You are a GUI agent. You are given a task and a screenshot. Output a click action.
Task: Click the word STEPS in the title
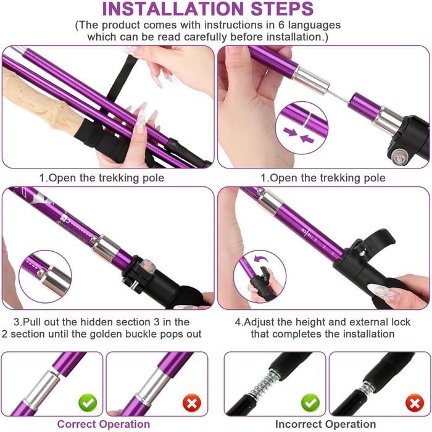tap(282, 9)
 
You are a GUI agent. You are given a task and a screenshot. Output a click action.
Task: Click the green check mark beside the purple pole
tap(88, 403)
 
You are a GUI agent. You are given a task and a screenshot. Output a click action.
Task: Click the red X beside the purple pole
tap(192, 403)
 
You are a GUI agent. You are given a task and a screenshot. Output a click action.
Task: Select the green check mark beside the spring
tap(310, 403)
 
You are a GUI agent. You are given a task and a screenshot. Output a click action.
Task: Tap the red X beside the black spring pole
tap(415, 403)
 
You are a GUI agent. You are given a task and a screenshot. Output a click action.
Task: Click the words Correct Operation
tap(104, 424)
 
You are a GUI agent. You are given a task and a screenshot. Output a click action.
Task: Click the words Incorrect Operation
tap(326, 424)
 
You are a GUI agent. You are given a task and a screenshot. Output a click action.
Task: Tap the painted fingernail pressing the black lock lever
tap(383, 293)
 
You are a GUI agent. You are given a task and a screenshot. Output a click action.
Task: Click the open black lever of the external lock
tap(378, 239)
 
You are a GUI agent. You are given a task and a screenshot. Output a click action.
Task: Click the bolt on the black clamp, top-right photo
tap(399, 158)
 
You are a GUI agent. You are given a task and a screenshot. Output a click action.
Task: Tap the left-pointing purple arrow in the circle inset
tap(307, 139)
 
